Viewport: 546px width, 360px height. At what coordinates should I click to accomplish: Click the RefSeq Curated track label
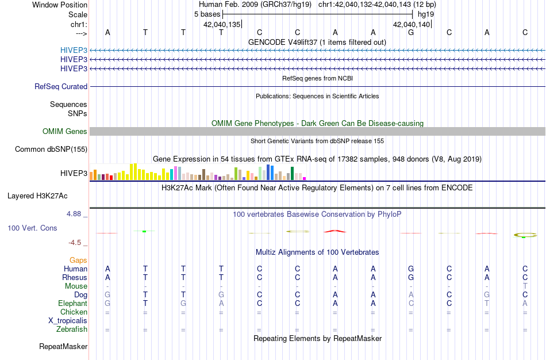tap(61, 87)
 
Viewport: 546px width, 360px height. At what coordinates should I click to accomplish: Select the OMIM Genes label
tap(65, 132)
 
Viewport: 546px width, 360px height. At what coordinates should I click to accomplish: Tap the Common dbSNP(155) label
tap(51, 150)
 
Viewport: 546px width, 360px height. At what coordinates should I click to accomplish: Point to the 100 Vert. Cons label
tap(32, 228)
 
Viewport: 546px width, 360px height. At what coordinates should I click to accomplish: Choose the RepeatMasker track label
tap(63, 347)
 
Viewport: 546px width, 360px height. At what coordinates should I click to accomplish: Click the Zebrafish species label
tap(72, 330)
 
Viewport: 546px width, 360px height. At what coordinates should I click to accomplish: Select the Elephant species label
tap(72, 304)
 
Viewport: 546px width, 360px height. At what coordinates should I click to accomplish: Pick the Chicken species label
tap(73, 312)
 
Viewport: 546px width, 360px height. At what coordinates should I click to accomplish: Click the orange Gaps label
tap(78, 261)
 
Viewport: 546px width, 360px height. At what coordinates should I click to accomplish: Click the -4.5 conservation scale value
tap(78, 243)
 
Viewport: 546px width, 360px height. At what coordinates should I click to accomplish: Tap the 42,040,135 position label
tap(221, 24)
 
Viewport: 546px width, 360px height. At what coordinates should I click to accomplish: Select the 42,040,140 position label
tap(411, 24)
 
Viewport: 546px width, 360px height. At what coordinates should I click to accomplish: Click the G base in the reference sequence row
tap(411, 32)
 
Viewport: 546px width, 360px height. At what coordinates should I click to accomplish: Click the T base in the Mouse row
tap(525, 286)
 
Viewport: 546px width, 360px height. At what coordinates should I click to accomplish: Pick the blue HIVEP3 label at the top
tap(74, 50)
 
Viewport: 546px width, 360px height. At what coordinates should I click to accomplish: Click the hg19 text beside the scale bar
tap(426, 14)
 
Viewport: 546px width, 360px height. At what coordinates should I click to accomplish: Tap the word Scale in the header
tap(78, 14)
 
